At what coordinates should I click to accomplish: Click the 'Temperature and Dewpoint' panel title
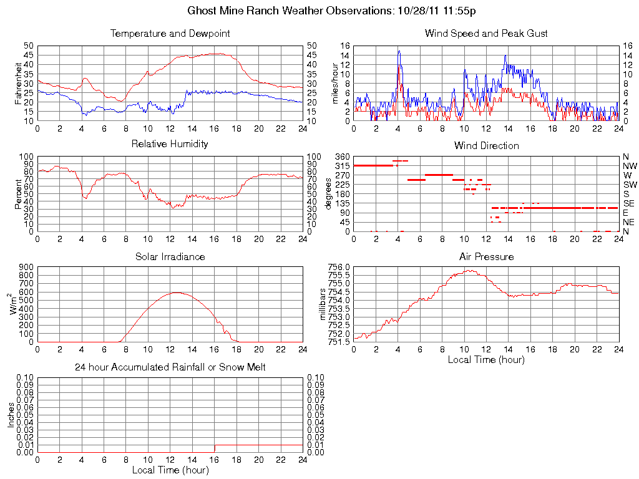click(170, 34)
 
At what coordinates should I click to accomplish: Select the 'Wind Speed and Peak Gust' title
click(486, 34)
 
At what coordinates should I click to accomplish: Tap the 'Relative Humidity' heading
click(170, 144)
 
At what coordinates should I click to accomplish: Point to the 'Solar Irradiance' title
click(170, 256)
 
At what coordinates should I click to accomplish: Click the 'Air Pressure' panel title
click(486, 256)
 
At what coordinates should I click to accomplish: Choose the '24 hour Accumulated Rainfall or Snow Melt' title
click(170, 367)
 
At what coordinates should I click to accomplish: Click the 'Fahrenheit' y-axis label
click(19, 83)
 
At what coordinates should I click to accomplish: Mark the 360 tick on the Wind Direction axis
click(342, 157)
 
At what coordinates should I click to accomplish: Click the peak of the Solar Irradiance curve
click(177, 293)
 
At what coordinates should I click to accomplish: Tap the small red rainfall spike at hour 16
click(215, 448)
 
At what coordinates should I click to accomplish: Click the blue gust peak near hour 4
click(399, 51)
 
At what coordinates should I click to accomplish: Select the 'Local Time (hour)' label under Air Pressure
click(486, 359)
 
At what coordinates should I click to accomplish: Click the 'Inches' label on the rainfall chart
click(11, 415)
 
